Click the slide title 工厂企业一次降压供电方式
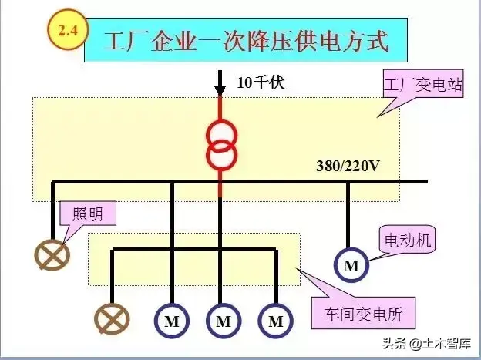pyautogui.click(x=245, y=40)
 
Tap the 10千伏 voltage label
pyautogui.click(x=261, y=82)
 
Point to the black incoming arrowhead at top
pyautogui.click(x=220, y=82)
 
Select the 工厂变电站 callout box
pyautogui.click(x=423, y=85)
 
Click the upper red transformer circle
pyautogui.click(x=220, y=133)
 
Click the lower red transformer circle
pyautogui.click(x=220, y=153)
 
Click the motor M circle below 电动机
pyautogui.click(x=351, y=266)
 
